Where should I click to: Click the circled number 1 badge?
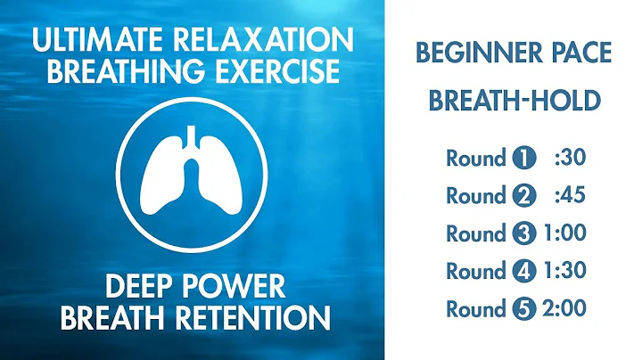click(x=523, y=160)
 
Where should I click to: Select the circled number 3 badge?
click(x=523, y=234)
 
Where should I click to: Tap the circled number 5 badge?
click(x=523, y=309)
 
